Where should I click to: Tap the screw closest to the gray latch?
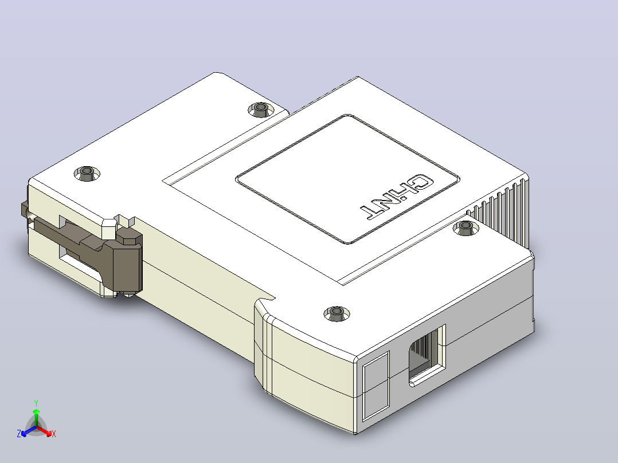pyautogui.click(x=87, y=174)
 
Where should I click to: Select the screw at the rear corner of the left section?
pyautogui.click(x=260, y=109)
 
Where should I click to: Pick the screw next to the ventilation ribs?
pyautogui.click(x=466, y=227)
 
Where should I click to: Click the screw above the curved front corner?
pyautogui.click(x=337, y=313)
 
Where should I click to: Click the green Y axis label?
pyautogui.click(x=36, y=403)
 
